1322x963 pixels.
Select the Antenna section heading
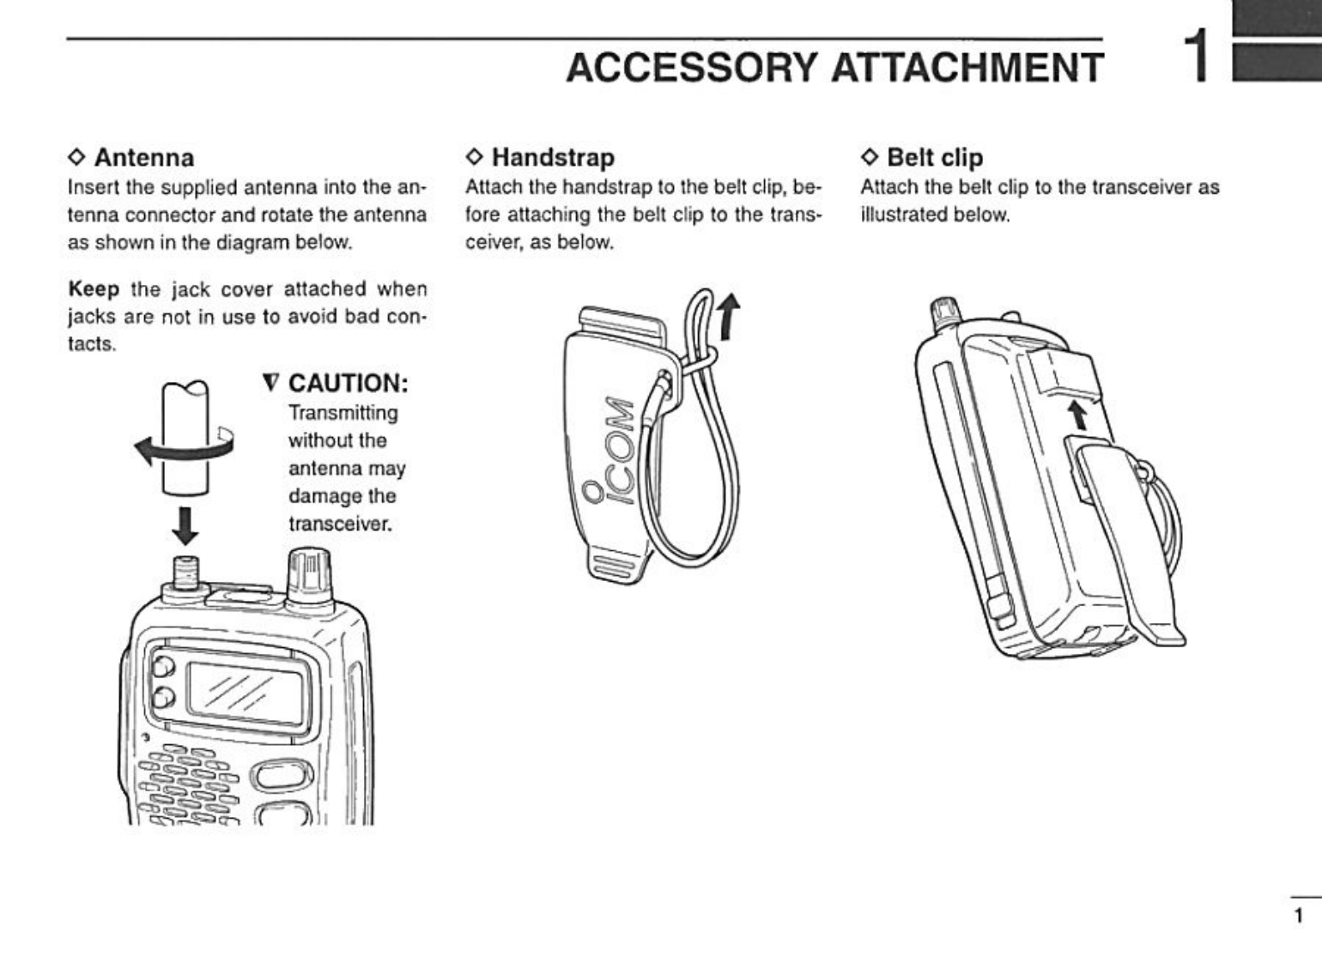143,158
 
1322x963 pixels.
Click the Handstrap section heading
552,158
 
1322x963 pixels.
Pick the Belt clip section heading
934,158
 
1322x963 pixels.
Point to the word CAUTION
347,383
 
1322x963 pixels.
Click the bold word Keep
94,288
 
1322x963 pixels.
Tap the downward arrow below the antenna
185,525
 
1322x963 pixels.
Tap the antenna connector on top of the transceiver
185,572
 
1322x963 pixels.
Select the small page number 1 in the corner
1299,915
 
